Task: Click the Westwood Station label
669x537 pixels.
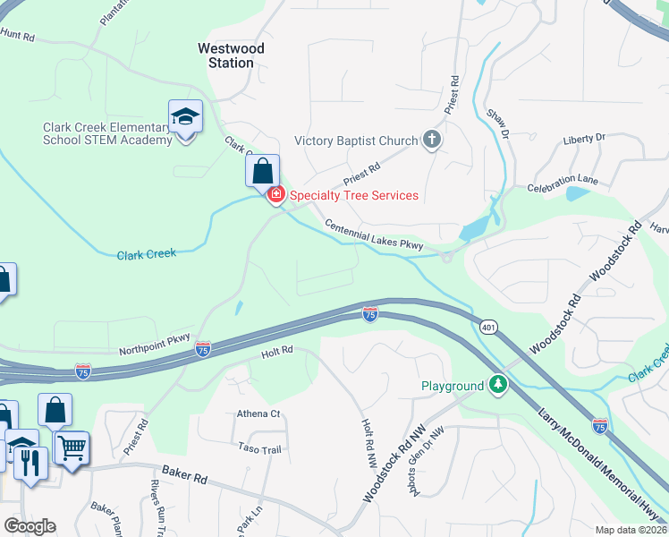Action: [x=225, y=55]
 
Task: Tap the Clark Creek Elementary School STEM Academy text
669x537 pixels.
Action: [x=106, y=133]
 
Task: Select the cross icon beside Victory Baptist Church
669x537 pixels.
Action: [x=432, y=139]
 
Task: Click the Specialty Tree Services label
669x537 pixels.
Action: [x=353, y=195]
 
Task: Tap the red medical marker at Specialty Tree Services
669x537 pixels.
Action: [x=276, y=194]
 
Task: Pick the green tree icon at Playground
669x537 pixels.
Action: [x=497, y=385]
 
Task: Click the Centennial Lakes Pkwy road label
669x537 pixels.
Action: [x=379, y=235]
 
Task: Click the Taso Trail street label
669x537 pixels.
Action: [x=260, y=447]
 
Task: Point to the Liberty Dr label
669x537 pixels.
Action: [x=584, y=139]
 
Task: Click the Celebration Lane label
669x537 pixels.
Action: [x=563, y=183]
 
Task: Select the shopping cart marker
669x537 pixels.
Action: [x=71, y=446]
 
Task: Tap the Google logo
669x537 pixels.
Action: [x=30, y=526]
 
